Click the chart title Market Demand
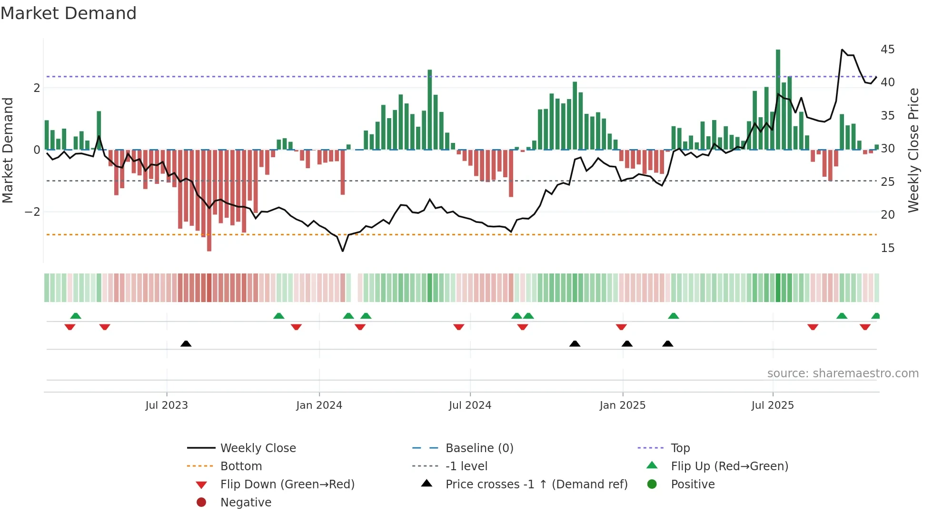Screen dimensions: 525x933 69,13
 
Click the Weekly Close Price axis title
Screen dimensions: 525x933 913,150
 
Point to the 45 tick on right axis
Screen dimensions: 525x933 887,50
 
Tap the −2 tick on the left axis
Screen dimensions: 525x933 32,212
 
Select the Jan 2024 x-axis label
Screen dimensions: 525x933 319,405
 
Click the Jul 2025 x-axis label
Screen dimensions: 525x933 772,405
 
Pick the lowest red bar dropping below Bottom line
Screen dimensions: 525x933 209,238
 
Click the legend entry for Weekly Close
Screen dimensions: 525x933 258,448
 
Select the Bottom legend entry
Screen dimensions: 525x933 241,466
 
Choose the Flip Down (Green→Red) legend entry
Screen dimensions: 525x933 287,485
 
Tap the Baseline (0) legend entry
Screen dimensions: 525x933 479,448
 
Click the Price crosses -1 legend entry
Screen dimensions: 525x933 536,485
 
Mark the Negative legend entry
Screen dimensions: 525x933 246,503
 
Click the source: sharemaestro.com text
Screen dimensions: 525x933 843,374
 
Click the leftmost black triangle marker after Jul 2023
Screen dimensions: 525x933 186,344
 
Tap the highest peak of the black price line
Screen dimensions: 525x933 842,50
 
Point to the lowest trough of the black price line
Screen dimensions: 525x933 343,251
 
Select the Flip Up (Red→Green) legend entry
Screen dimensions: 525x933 729,466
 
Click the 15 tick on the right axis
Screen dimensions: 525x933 887,248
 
